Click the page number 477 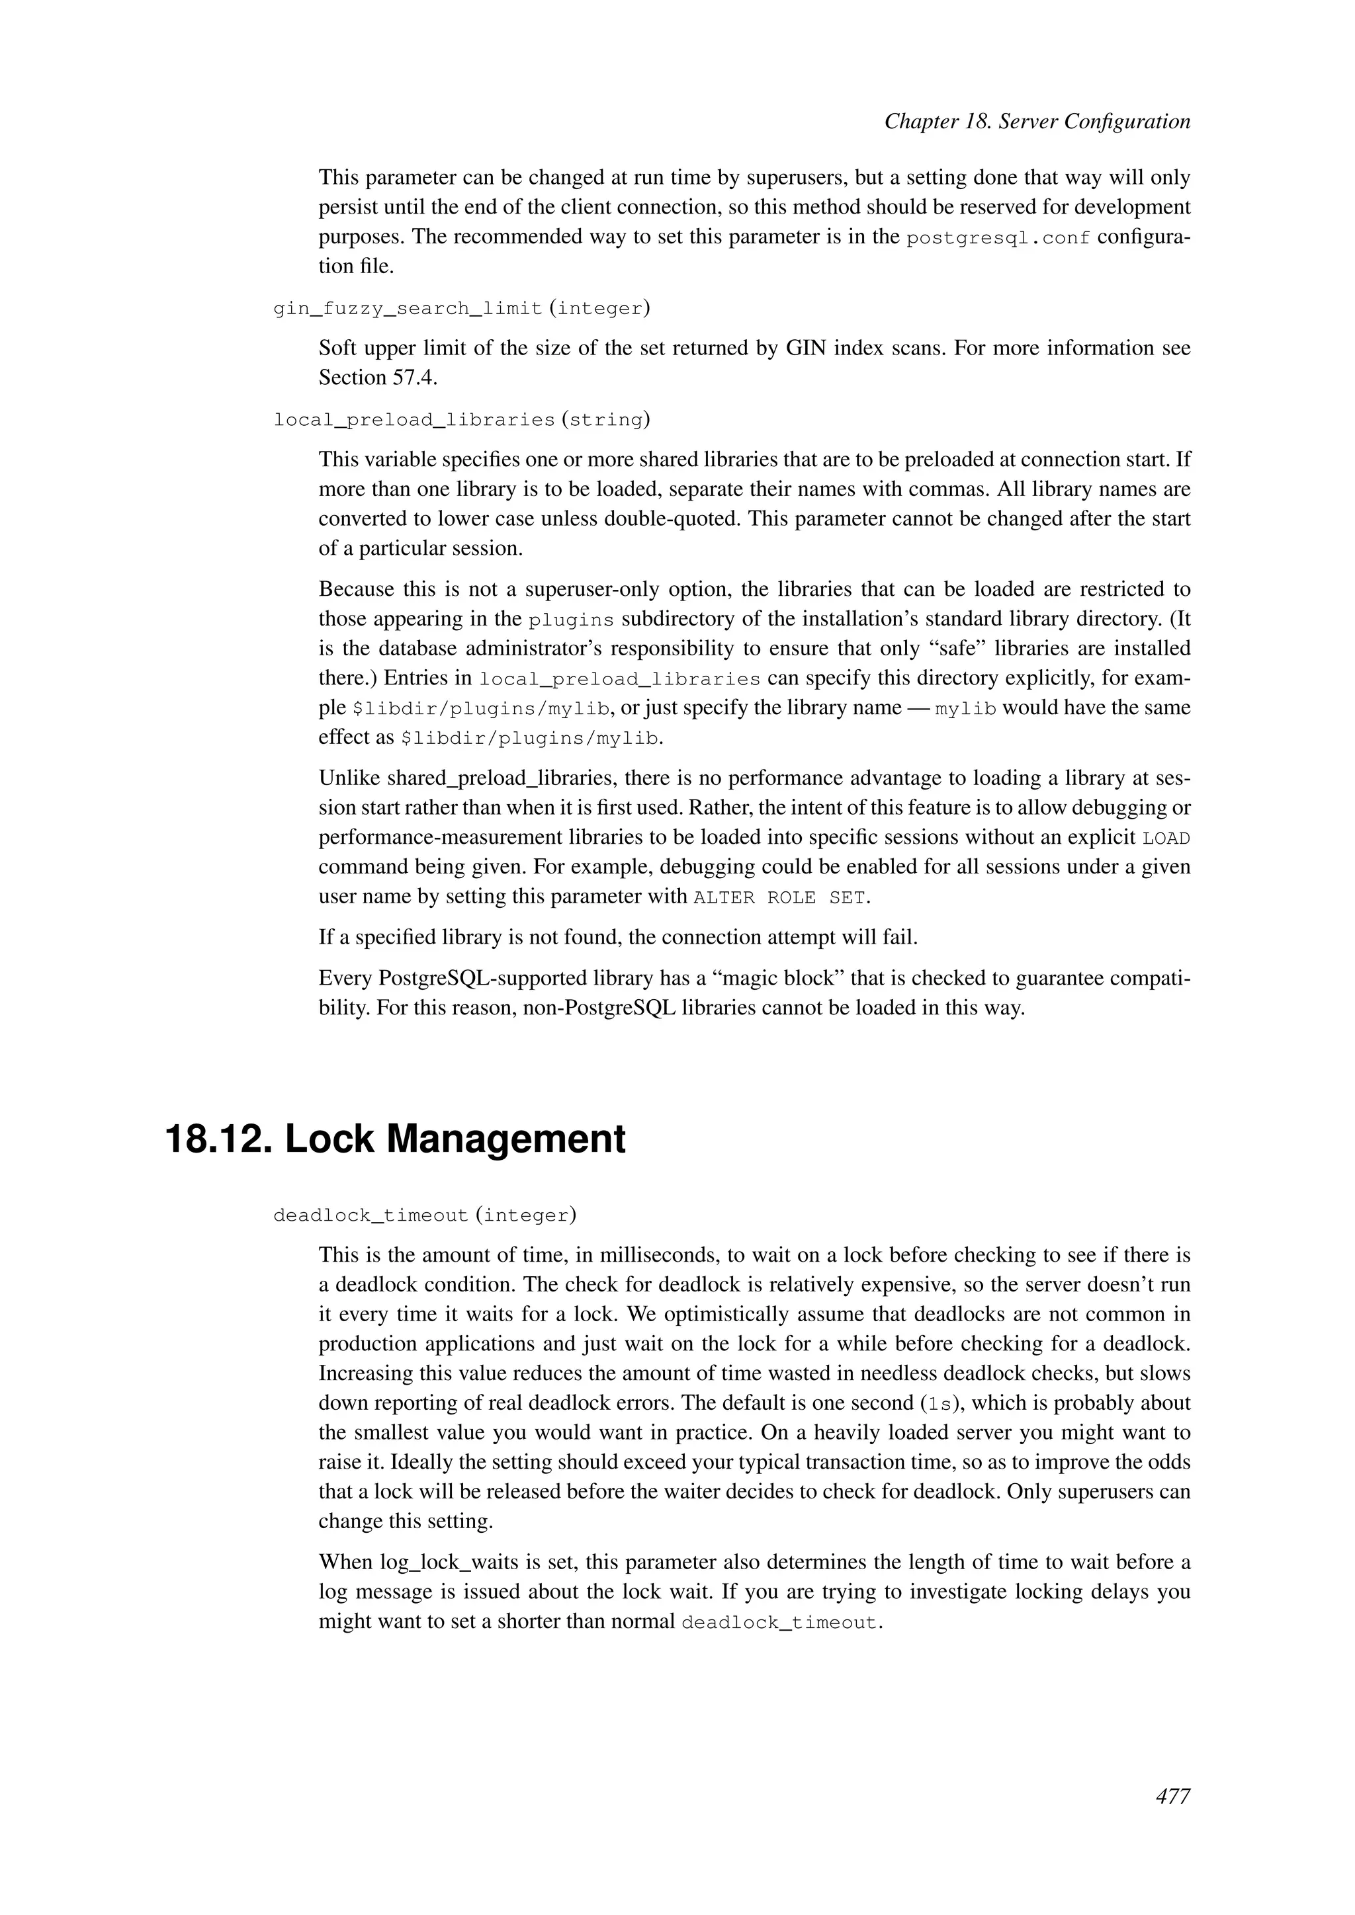pos(1172,1797)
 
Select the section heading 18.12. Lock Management pos(396,1139)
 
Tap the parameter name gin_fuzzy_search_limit pos(408,309)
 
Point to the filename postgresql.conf pos(998,237)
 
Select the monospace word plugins pos(572,620)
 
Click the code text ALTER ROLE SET pos(780,897)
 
